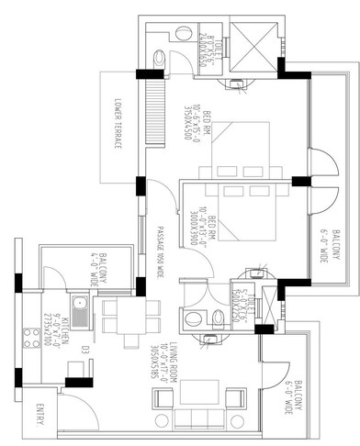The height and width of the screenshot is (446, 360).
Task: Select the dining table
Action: [x=124, y=314]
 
